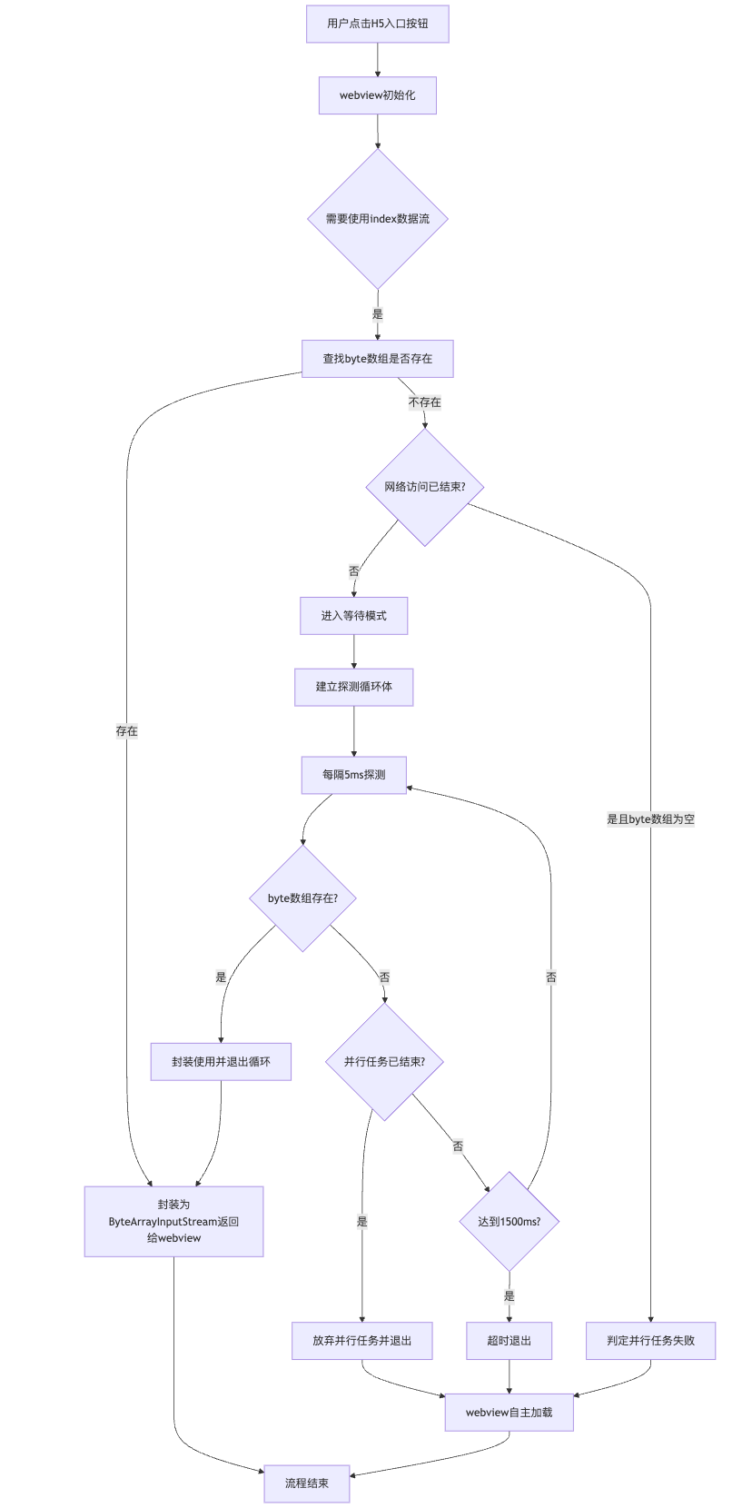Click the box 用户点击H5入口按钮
[x=378, y=24]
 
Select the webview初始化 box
[x=378, y=95]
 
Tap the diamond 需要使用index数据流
[x=378, y=219]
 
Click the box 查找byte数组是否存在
[x=378, y=359]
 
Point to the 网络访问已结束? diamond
[x=425, y=487]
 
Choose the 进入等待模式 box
[x=353, y=616]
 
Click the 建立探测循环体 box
[x=353, y=687]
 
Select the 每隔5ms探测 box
[x=353, y=775]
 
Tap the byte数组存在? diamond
[x=302, y=898]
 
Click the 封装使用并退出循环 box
[x=221, y=1061]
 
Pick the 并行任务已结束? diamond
[x=384, y=1061]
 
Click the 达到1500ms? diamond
[x=510, y=1221]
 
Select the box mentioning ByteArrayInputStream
[x=173, y=1221]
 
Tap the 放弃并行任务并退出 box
[x=361, y=1341]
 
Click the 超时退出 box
[x=510, y=1341]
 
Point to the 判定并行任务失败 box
[x=651, y=1341]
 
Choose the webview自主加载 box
[x=509, y=1413]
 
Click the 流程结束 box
[x=307, y=1483]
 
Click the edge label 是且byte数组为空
[x=651, y=819]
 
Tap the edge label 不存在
[x=425, y=402]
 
